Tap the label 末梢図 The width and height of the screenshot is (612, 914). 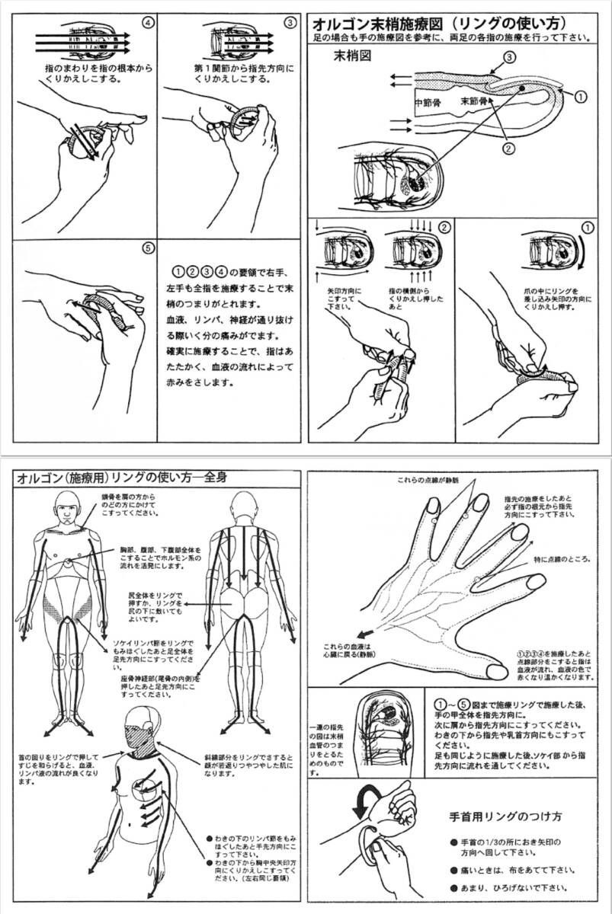(x=353, y=57)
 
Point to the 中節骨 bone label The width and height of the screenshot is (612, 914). (x=428, y=101)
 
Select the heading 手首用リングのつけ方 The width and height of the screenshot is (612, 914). (x=506, y=817)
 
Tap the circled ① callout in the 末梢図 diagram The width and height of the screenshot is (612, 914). (x=580, y=97)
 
